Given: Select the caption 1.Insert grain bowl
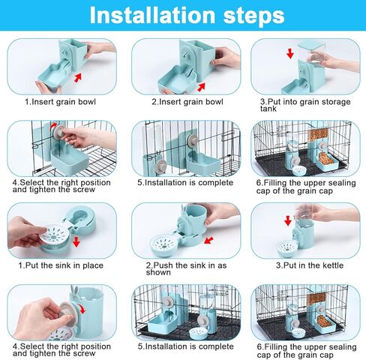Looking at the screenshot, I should click(x=61, y=101).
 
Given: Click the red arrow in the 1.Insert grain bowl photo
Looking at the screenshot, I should click(x=77, y=77).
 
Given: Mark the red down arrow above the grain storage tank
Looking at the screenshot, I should click(x=289, y=54).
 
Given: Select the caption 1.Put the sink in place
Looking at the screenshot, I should click(x=61, y=265).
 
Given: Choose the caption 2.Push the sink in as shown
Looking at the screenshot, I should click(x=184, y=268).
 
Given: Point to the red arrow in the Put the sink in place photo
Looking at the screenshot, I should click(x=76, y=241).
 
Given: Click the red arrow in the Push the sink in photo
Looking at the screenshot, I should click(x=208, y=240).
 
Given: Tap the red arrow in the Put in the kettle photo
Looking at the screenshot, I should click(x=287, y=220).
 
